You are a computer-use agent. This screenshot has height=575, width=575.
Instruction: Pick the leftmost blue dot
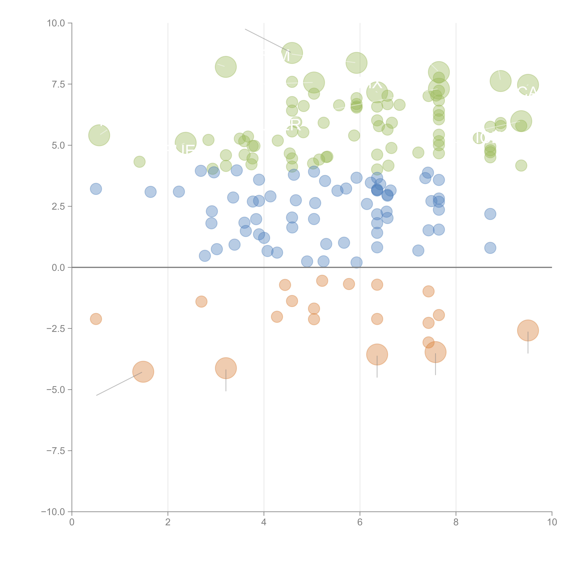96,189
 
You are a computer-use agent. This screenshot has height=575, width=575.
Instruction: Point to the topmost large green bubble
292,53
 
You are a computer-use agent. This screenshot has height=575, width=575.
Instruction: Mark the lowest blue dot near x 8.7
490,248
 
